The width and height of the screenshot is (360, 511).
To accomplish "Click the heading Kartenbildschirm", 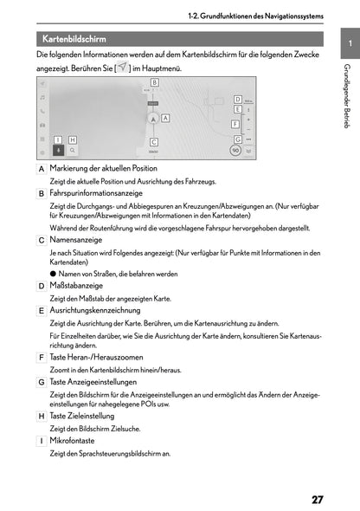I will coord(74,38).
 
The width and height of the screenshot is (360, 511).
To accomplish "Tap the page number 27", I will coord(318,499).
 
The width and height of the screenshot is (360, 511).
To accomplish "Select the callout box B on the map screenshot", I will coord(154,81).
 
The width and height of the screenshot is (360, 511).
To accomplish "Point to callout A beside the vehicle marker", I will coord(164,117).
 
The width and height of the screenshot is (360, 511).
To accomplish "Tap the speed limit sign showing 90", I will coord(235,150).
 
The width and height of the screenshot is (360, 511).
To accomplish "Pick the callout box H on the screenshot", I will coord(73,139).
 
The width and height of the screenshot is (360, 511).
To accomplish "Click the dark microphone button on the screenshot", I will coord(58,149).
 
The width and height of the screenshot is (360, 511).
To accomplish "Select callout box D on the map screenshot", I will coord(237,100).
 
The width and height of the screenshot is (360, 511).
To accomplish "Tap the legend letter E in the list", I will coord(42,310).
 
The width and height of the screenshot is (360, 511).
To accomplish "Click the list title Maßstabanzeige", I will coord(76,285).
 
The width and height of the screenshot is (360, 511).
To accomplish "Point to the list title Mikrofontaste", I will coord(71,440).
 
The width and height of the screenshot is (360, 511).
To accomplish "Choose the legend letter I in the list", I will coord(42,441).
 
